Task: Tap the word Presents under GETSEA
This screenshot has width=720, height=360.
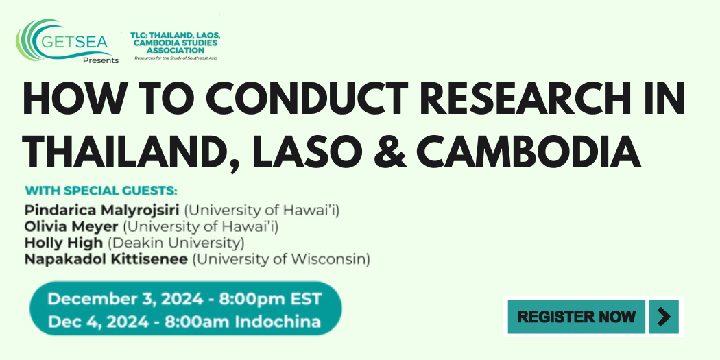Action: coord(101,60)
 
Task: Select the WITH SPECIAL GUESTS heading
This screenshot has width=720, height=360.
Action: coord(101,191)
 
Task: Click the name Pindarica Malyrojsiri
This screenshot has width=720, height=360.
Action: coord(102,211)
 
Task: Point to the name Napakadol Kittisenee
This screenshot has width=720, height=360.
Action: coord(106,259)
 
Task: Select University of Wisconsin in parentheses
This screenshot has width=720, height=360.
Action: coord(281,259)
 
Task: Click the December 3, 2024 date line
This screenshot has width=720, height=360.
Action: coord(184,300)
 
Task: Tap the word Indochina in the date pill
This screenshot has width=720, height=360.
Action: coord(278,322)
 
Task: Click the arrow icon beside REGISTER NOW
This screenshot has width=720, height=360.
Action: coord(664,316)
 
